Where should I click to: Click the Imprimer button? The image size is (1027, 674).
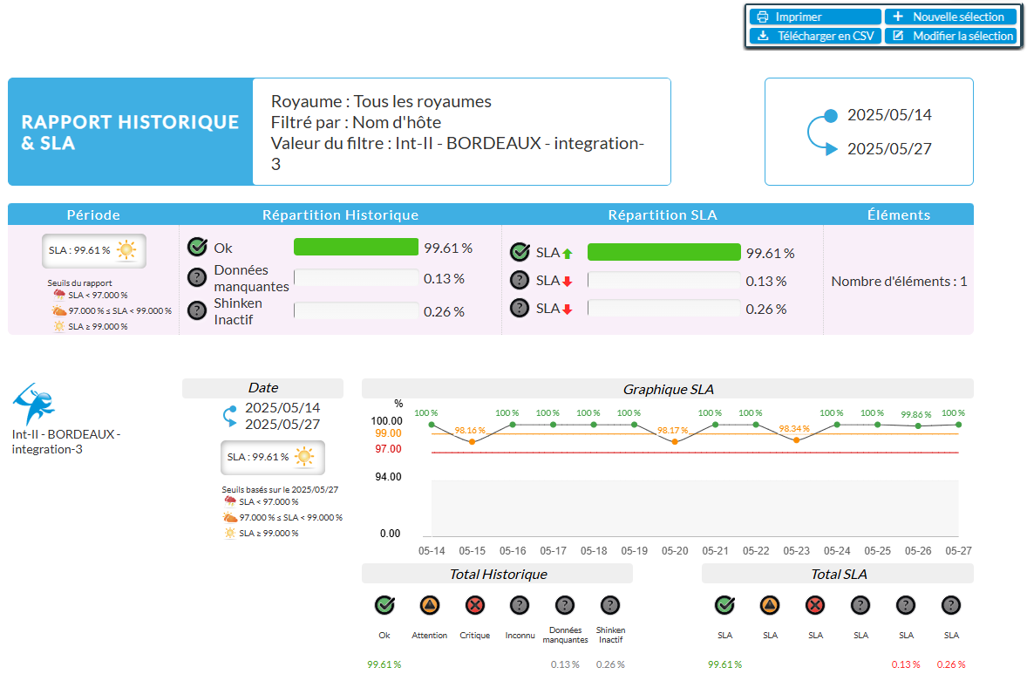(x=814, y=17)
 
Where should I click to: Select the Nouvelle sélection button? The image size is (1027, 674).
(x=950, y=17)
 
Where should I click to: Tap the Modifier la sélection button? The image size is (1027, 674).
(x=950, y=36)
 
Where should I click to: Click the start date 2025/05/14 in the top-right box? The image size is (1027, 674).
(x=889, y=115)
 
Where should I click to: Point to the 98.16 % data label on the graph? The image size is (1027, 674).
(x=471, y=430)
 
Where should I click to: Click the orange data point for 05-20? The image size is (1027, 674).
(x=675, y=442)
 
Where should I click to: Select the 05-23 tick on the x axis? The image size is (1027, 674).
(x=796, y=551)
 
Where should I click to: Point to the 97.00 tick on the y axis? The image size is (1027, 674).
(x=388, y=448)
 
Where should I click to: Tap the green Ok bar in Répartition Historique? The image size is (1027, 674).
(x=356, y=248)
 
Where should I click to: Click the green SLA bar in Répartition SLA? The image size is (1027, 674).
(x=663, y=253)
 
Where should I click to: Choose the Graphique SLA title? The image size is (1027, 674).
(x=668, y=389)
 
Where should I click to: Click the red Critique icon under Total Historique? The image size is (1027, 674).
(x=474, y=605)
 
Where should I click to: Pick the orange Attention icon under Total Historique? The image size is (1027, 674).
(x=429, y=605)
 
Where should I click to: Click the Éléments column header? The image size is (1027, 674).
(x=898, y=214)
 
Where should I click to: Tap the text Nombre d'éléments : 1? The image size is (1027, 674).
(x=898, y=282)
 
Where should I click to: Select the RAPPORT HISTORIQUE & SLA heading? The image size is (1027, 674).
(x=130, y=132)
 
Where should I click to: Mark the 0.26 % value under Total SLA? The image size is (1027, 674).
(x=951, y=664)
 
